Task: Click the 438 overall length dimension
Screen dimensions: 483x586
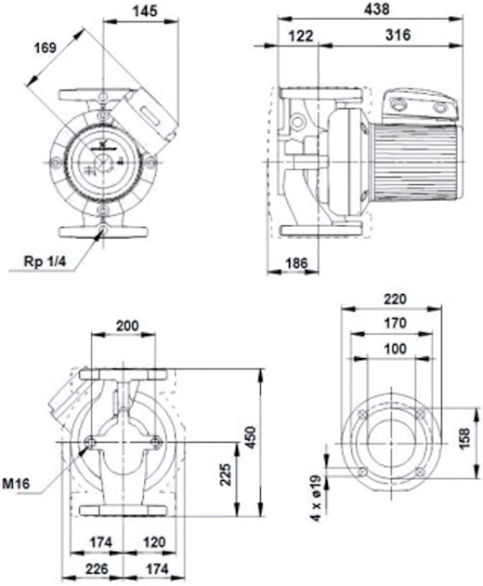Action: [x=376, y=9]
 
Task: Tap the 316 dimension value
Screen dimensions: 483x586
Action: [x=398, y=35]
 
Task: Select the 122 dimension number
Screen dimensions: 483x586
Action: [x=301, y=36]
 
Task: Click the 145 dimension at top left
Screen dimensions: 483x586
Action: [x=145, y=11]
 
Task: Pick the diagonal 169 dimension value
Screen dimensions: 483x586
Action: [x=45, y=48]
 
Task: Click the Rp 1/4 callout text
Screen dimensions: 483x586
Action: [x=45, y=261]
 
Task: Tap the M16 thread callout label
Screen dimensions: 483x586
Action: [x=16, y=484]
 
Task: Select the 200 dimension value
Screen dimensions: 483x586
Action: [x=127, y=326]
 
